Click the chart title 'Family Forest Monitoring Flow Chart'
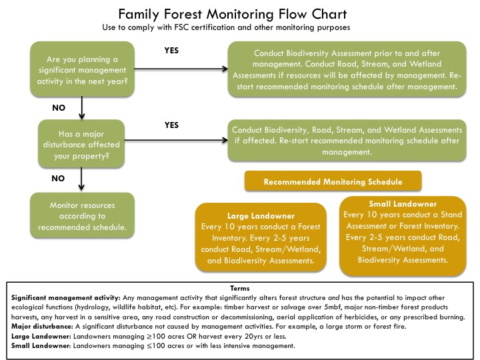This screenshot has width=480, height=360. (233, 14)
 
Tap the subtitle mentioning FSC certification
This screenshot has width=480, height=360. (226, 27)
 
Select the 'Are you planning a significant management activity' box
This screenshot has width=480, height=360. (82, 69)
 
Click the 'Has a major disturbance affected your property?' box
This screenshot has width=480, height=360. (81, 143)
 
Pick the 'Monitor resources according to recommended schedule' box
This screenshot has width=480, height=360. (82, 215)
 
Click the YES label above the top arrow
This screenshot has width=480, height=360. (171, 51)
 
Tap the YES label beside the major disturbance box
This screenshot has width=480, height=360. (171, 125)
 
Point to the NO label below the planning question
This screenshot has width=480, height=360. (59, 108)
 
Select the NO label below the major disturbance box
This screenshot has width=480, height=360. (58, 179)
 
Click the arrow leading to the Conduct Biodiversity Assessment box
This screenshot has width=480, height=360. (181, 69)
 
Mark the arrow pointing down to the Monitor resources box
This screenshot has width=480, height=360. (81, 179)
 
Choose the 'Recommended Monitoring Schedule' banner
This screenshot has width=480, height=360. (333, 181)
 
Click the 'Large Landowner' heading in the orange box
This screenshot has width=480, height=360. (261, 216)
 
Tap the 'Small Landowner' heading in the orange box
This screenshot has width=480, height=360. (403, 204)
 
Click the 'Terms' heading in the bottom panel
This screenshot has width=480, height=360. (240, 289)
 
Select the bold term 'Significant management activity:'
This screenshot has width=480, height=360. (66, 298)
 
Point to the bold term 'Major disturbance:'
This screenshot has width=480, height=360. (42, 327)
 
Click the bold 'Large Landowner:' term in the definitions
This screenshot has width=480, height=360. (41, 337)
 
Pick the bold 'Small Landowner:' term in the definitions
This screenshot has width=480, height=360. (41, 346)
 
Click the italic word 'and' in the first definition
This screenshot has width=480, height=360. (334, 298)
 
